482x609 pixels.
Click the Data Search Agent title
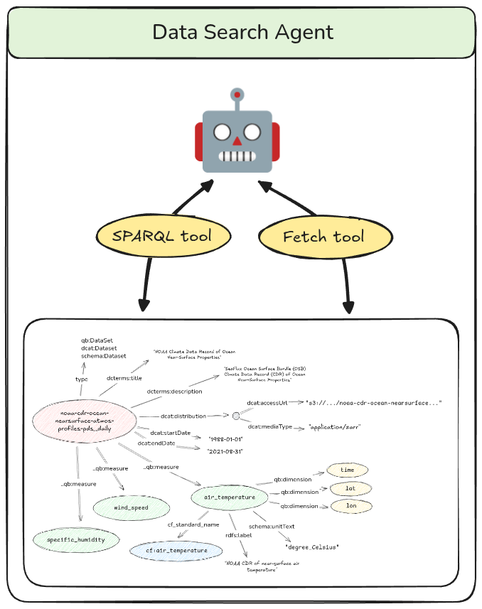click(242, 33)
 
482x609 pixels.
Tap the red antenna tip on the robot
click(237, 94)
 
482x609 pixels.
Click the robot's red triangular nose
click(237, 140)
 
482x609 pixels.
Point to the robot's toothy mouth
click(237, 156)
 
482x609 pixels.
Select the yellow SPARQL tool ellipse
click(162, 236)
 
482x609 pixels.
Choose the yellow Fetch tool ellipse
click(323, 237)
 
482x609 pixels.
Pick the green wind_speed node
click(131, 508)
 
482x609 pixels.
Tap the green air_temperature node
click(229, 497)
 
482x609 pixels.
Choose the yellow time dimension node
click(347, 470)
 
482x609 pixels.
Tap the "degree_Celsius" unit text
click(311, 546)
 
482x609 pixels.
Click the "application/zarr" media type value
click(335, 428)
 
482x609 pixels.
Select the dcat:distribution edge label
click(182, 416)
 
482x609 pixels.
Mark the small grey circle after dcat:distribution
click(236, 416)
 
